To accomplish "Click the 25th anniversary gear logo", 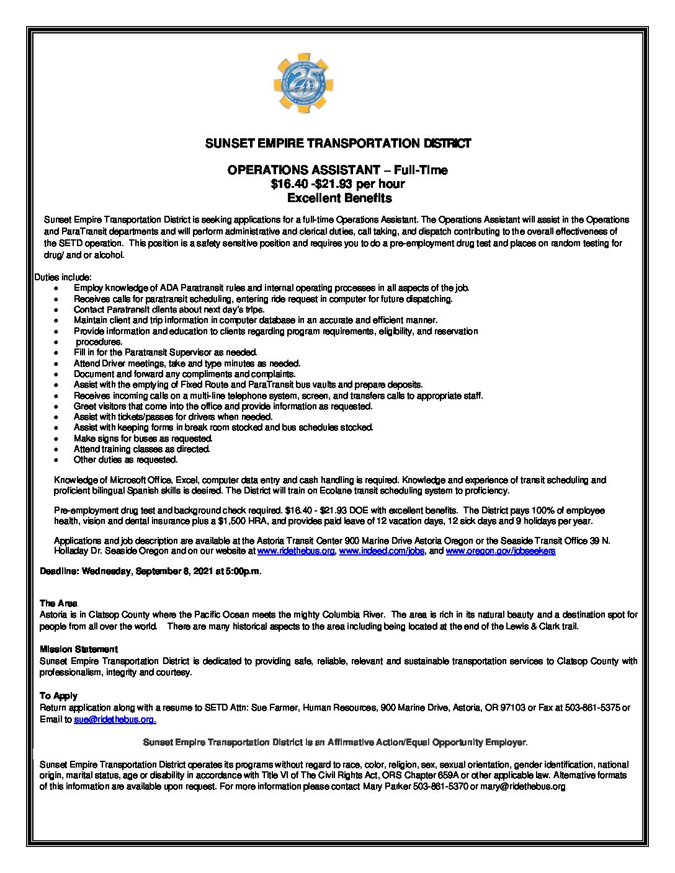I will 303,83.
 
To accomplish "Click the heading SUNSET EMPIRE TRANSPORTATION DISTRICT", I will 338,144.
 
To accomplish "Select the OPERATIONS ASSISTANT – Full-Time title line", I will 337,170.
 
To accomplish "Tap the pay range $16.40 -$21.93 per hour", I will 337,184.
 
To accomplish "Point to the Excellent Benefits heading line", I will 339,198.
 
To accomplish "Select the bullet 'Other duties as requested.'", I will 125,460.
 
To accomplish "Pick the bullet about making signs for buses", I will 143,438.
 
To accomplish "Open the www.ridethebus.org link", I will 296,551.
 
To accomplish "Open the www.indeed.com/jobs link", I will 382,551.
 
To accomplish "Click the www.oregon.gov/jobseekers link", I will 500,551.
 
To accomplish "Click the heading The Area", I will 58,603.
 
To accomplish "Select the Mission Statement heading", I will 78,649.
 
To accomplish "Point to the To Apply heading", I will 58,696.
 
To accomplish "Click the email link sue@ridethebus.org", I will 115,720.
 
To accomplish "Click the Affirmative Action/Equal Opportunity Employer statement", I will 335,742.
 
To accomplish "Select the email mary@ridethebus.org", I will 522,787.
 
